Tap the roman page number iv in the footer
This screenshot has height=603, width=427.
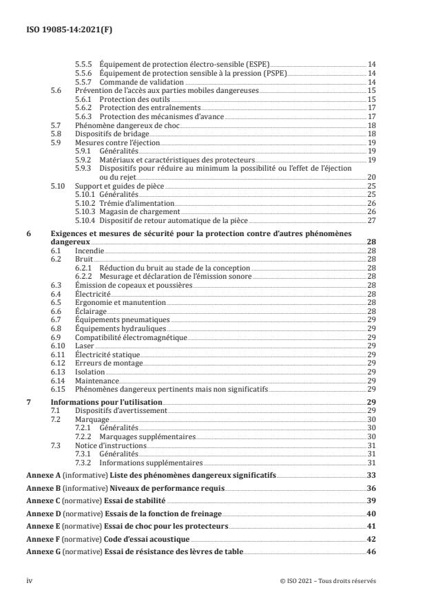(x=29, y=580)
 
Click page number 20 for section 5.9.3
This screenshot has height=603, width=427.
(x=371, y=177)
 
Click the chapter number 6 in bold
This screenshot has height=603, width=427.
(x=28, y=234)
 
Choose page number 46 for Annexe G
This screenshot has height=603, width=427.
(x=371, y=553)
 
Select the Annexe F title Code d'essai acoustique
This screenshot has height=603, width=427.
(x=147, y=540)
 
